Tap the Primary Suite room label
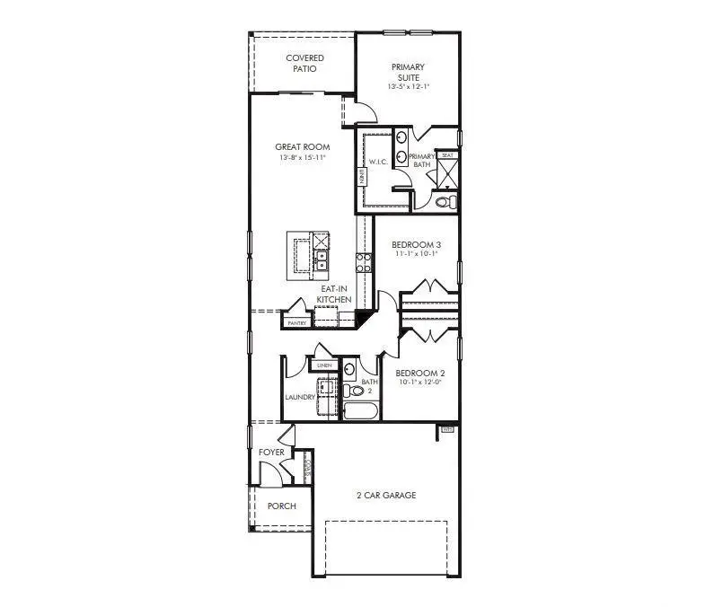coord(407,73)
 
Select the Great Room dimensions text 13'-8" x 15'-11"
coord(302,157)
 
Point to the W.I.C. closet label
coord(377,163)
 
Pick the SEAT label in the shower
coord(446,155)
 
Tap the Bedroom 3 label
coord(416,245)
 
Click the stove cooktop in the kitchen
coord(365,263)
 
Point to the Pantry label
coord(296,323)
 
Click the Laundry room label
coord(299,396)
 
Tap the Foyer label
coord(271,453)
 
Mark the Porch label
coord(282,506)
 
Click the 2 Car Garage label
coord(385,496)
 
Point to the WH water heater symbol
coord(447,430)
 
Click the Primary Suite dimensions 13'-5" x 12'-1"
coord(407,87)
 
